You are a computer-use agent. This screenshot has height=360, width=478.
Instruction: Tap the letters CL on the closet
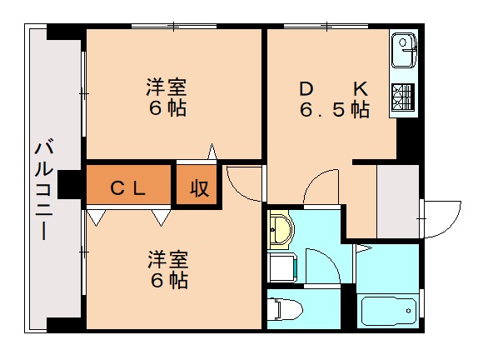pos(128,188)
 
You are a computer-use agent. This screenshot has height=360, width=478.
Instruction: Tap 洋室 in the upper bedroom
pos(167,87)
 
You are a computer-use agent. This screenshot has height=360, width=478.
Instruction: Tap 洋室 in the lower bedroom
pos(167,258)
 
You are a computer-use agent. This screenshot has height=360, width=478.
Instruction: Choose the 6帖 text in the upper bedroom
pos(167,108)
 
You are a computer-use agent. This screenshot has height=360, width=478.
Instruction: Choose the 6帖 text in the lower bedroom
pos(167,280)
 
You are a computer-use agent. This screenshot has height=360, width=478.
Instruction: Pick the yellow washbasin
pos(281,230)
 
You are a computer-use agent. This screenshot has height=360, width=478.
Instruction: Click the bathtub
pos(388,311)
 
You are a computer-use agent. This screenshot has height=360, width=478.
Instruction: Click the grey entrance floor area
pos(397,202)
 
